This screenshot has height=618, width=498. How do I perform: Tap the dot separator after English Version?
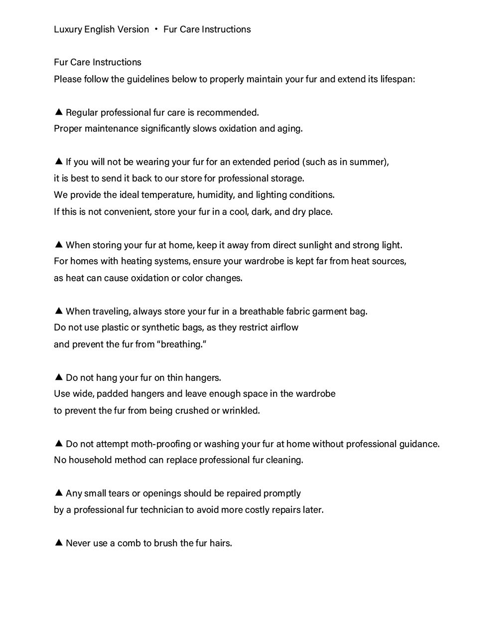(x=156, y=29)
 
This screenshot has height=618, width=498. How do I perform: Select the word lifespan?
(x=397, y=79)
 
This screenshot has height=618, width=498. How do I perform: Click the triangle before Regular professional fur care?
(x=58, y=112)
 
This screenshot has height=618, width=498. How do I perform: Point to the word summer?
(x=369, y=162)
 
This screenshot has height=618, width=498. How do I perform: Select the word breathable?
(x=261, y=311)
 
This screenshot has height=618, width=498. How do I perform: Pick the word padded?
(x=113, y=394)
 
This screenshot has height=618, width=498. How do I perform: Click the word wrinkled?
(x=242, y=411)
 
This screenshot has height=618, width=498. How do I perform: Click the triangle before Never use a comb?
(x=58, y=543)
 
